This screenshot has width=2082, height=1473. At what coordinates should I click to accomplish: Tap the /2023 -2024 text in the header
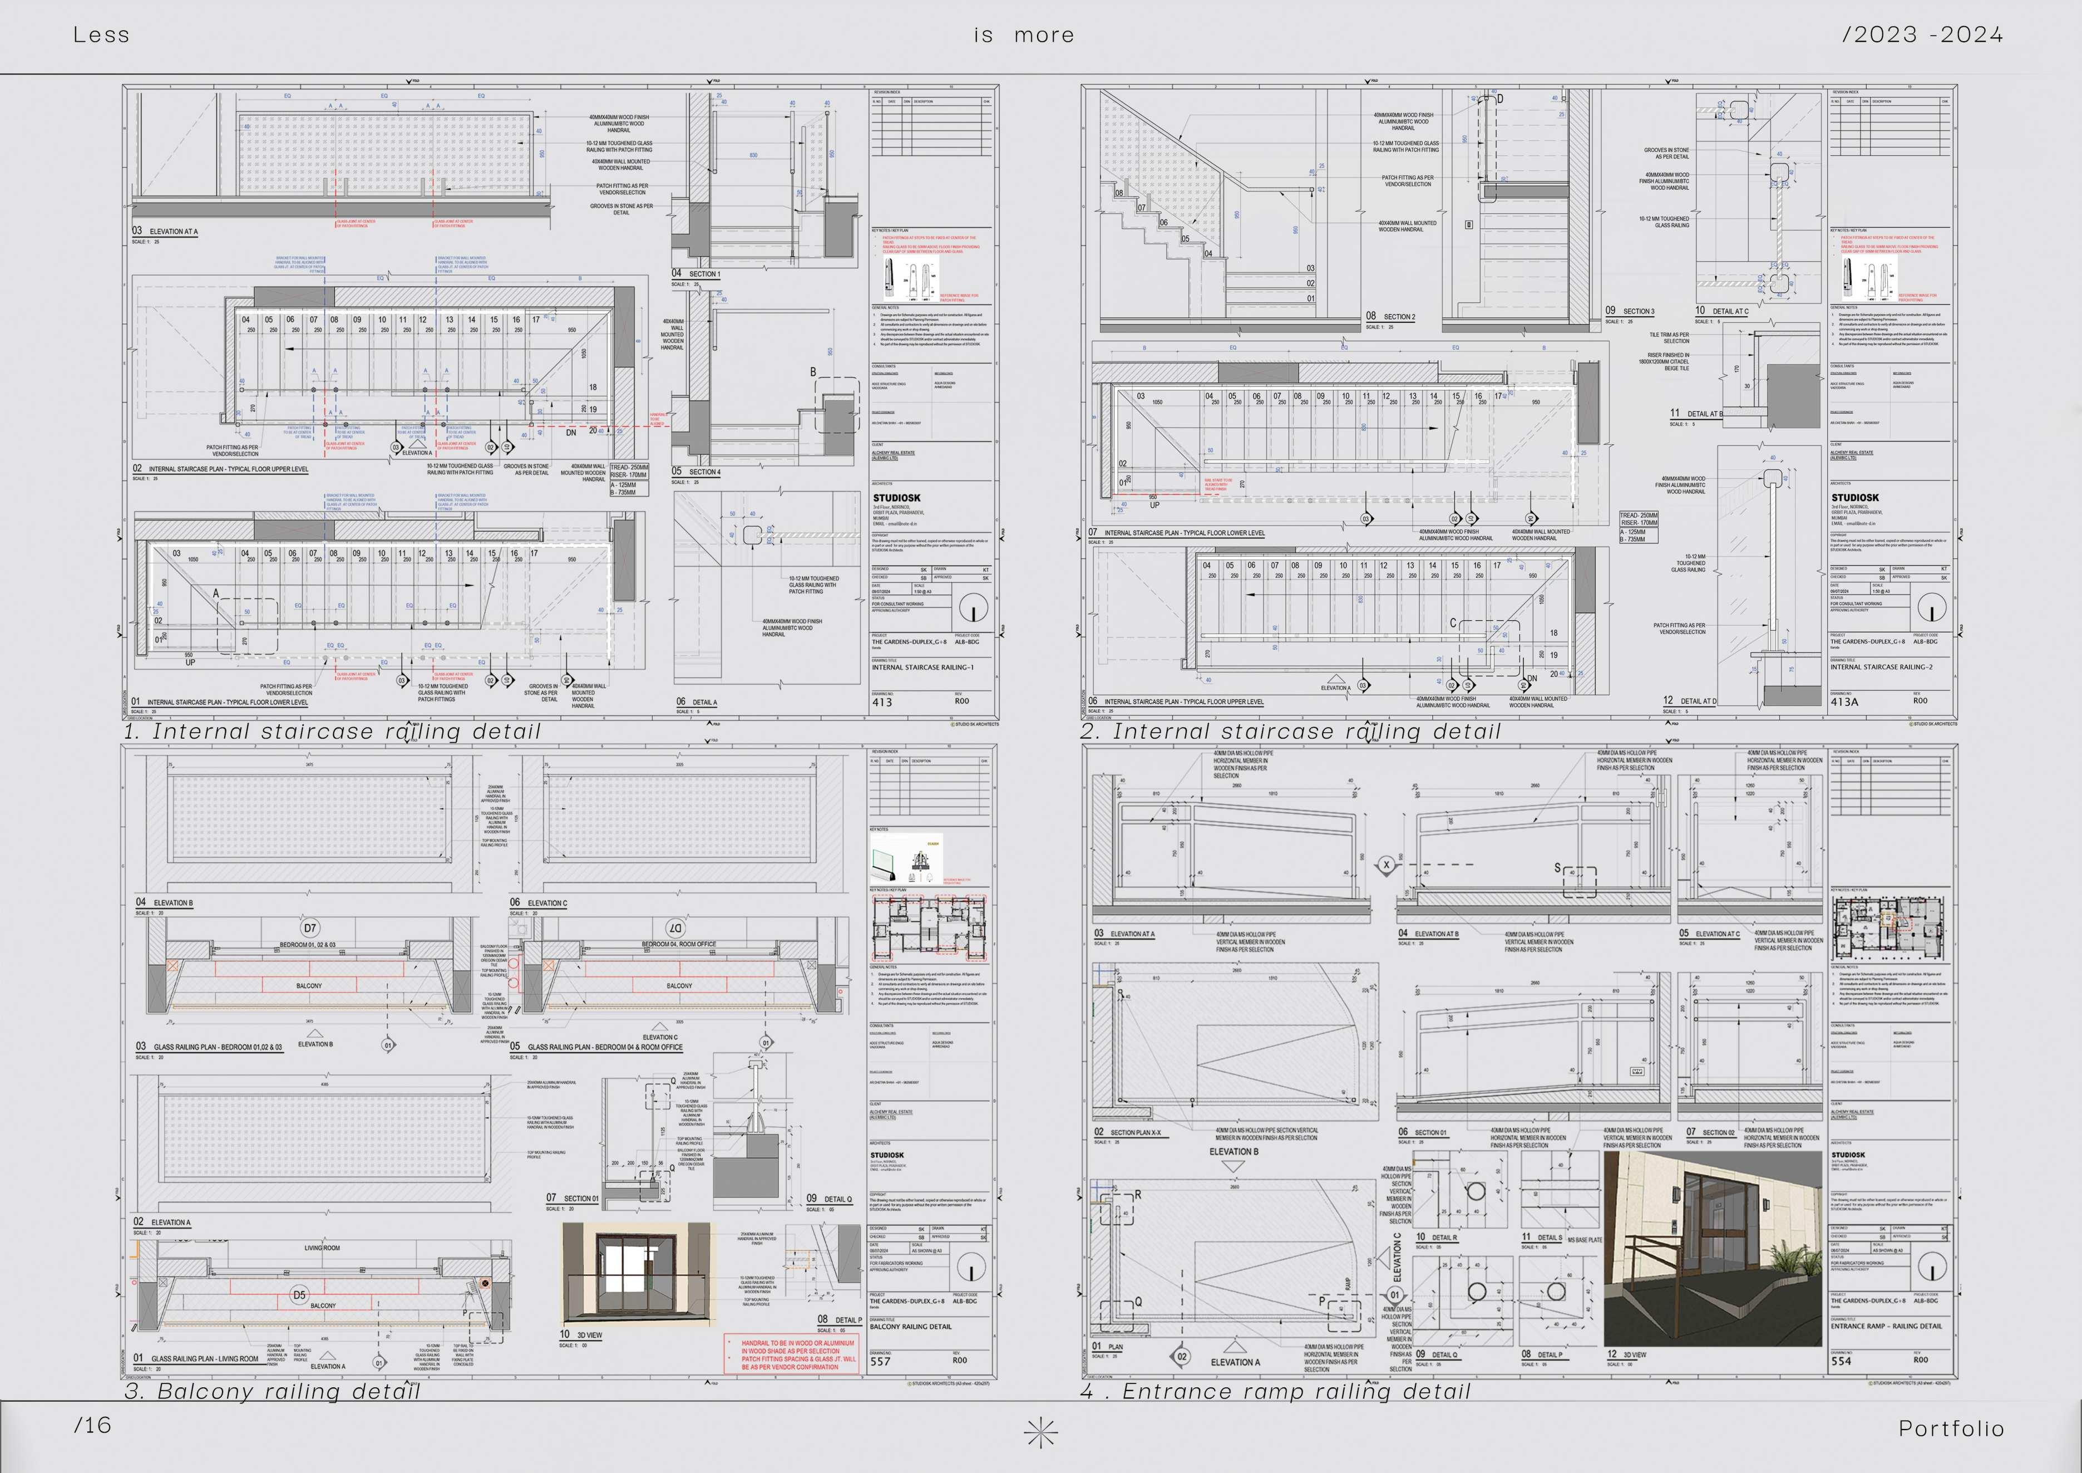click(x=1922, y=36)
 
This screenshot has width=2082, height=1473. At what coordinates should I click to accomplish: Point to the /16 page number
click(x=92, y=1425)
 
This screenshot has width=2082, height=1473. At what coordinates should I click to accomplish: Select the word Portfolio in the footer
click(x=1951, y=1428)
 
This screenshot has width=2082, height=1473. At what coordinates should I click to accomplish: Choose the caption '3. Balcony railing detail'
click(x=272, y=1391)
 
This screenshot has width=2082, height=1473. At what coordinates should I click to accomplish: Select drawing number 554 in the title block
click(x=1841, y=1361)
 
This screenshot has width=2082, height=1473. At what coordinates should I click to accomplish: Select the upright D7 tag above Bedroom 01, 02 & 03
click(x=310, y=928)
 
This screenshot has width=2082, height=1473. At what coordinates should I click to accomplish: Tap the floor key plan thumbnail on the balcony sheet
click(x=929, y=928)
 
